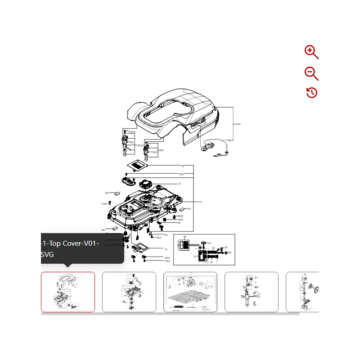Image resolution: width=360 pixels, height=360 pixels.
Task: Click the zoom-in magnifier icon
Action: pyautogui.click(x=311, y=52)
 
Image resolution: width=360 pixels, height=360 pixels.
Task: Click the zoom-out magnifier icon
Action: pyautogui.click(x=311, y=73)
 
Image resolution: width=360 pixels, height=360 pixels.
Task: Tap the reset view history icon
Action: pyautogui.click(x=311, y=93)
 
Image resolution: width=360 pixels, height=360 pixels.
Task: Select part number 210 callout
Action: pyautogui.click(x=239, y=124)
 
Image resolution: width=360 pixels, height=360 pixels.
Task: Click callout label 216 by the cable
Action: pyautogui.click(x=228, y=140)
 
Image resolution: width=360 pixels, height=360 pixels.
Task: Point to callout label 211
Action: pyautogui.click(x=200, y=202)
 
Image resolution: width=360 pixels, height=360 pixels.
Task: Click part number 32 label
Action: pyautogui.click(x=179, y=184)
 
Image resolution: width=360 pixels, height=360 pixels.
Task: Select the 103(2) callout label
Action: pyautogui.click(x=132, y=132)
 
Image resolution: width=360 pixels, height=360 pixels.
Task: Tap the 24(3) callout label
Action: pyautogui.click(x=166, y=257)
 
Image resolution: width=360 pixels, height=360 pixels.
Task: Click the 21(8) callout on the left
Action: pyautogui.click(x=104, y=204)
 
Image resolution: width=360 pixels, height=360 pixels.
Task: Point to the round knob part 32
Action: pyautogui.click(x=147, y=184)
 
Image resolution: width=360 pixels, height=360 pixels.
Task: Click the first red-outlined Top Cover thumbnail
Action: pyautogui.click(x=68, y=292)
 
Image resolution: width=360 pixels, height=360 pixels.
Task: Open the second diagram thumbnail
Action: pyautogui.click(x=129, y=292)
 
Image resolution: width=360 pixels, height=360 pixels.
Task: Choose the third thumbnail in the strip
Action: pyautogui.click(x=190, y=292)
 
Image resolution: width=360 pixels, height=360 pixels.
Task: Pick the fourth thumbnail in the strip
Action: pyautogui.click(x=252, y=292)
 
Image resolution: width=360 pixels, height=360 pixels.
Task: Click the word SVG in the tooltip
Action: pyautogui.click(x=47, y=255)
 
